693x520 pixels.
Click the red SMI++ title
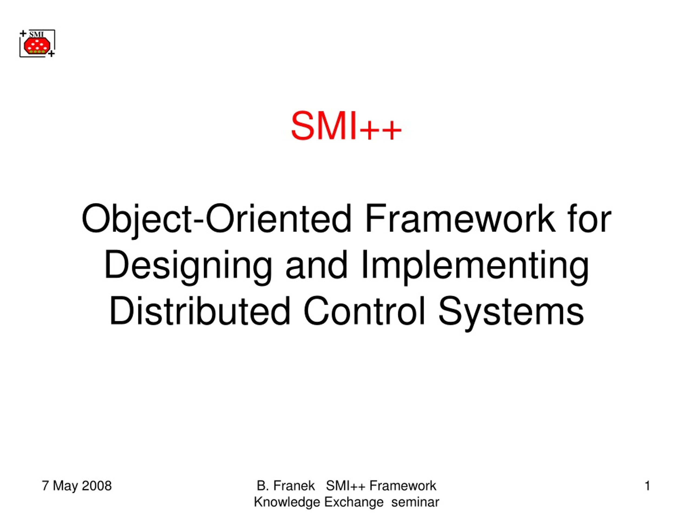click(x=346, y=126)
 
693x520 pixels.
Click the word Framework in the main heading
click(x=460, y=219)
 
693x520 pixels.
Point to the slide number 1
click(x=647, y=486)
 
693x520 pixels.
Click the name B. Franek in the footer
click(x=285, y=486)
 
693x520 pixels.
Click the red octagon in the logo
click(x=37, y=46)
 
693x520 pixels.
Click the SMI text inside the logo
click(x=37, y=34)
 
